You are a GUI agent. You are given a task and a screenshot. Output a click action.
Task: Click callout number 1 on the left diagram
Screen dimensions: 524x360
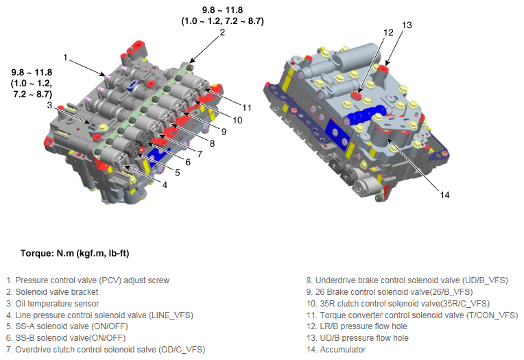pos(66,58)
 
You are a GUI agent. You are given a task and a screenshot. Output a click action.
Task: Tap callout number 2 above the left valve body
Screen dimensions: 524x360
pos(222,32)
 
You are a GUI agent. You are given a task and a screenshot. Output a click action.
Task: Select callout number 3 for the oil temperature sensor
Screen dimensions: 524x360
pos(50,106)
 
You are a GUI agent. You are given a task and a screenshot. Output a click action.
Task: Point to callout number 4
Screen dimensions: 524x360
pos(165,185)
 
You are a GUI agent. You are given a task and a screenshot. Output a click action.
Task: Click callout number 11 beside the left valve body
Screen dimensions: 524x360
pos(247,108)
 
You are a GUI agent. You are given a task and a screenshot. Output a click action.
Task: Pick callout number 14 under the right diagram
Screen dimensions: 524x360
pos(444,195)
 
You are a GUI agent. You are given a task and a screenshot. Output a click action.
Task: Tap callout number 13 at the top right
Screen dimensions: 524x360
pos(407,25)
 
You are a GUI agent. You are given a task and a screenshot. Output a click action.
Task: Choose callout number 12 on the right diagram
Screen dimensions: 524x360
pos(388,32)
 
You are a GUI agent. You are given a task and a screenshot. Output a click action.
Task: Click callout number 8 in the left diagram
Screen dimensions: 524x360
pos(212,143)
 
